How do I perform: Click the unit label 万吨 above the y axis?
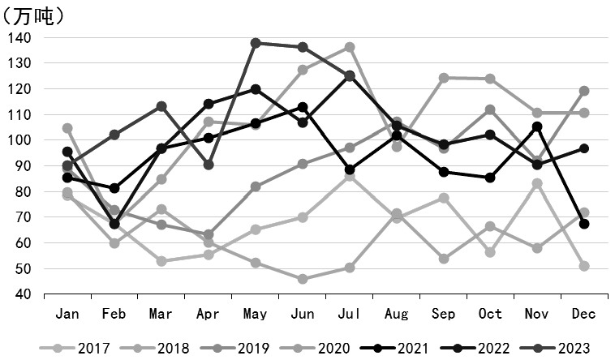(x=33, y=15)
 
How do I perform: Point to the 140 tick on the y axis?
(x=19, y=38)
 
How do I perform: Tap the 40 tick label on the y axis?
(x=23, y=294)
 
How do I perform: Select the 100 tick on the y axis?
(x=19, y=140)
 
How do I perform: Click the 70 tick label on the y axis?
(x=23, y=217)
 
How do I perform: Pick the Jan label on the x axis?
(x=67, y=315)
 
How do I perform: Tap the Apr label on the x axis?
(x=209, y=315)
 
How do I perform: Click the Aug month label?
(x=396, y=315)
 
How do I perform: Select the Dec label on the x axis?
(x=584, y=315)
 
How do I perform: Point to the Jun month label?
(x=302, y=315)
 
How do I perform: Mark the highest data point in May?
(x=256, y=43)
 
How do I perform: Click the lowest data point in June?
(x=303, y=279)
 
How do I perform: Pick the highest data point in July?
(x=350, y=47)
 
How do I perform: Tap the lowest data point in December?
(x=584, y=266)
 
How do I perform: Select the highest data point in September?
(x=444, y=78)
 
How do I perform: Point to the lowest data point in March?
(x=161, y=261)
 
